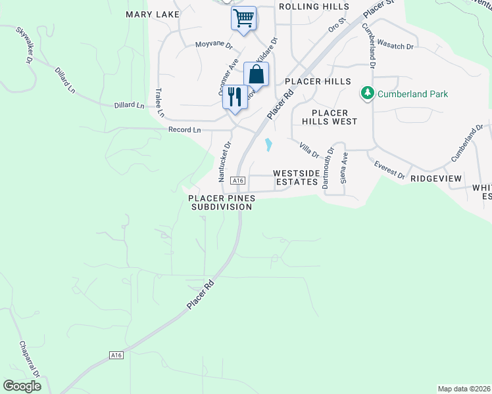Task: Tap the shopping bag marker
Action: pyautogui.click(x=257, y=74)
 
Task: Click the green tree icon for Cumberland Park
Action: pyautogui.click(x=368, y=94)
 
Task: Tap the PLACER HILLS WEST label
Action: pyautogui.click(x=330, y=116)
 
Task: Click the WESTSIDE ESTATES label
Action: pyautogui.click(x=296, y=177)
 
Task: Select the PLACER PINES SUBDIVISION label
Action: pyautogui.click(x=220, y=202)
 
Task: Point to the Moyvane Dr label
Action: pyautogui.click(x=214, y=45)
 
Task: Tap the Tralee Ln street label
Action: pyautogui.click(x=159, y=100)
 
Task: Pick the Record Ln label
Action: pyautogui.click(x=184, y=130)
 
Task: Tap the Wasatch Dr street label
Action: pyautogui.click(x=400, y=47)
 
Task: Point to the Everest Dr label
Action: pyautogui.click(x=390, y=169)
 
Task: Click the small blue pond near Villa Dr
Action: pyautogui.click(x=268, y=144)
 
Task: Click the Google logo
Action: pyautogui.click(x=22, y=386)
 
